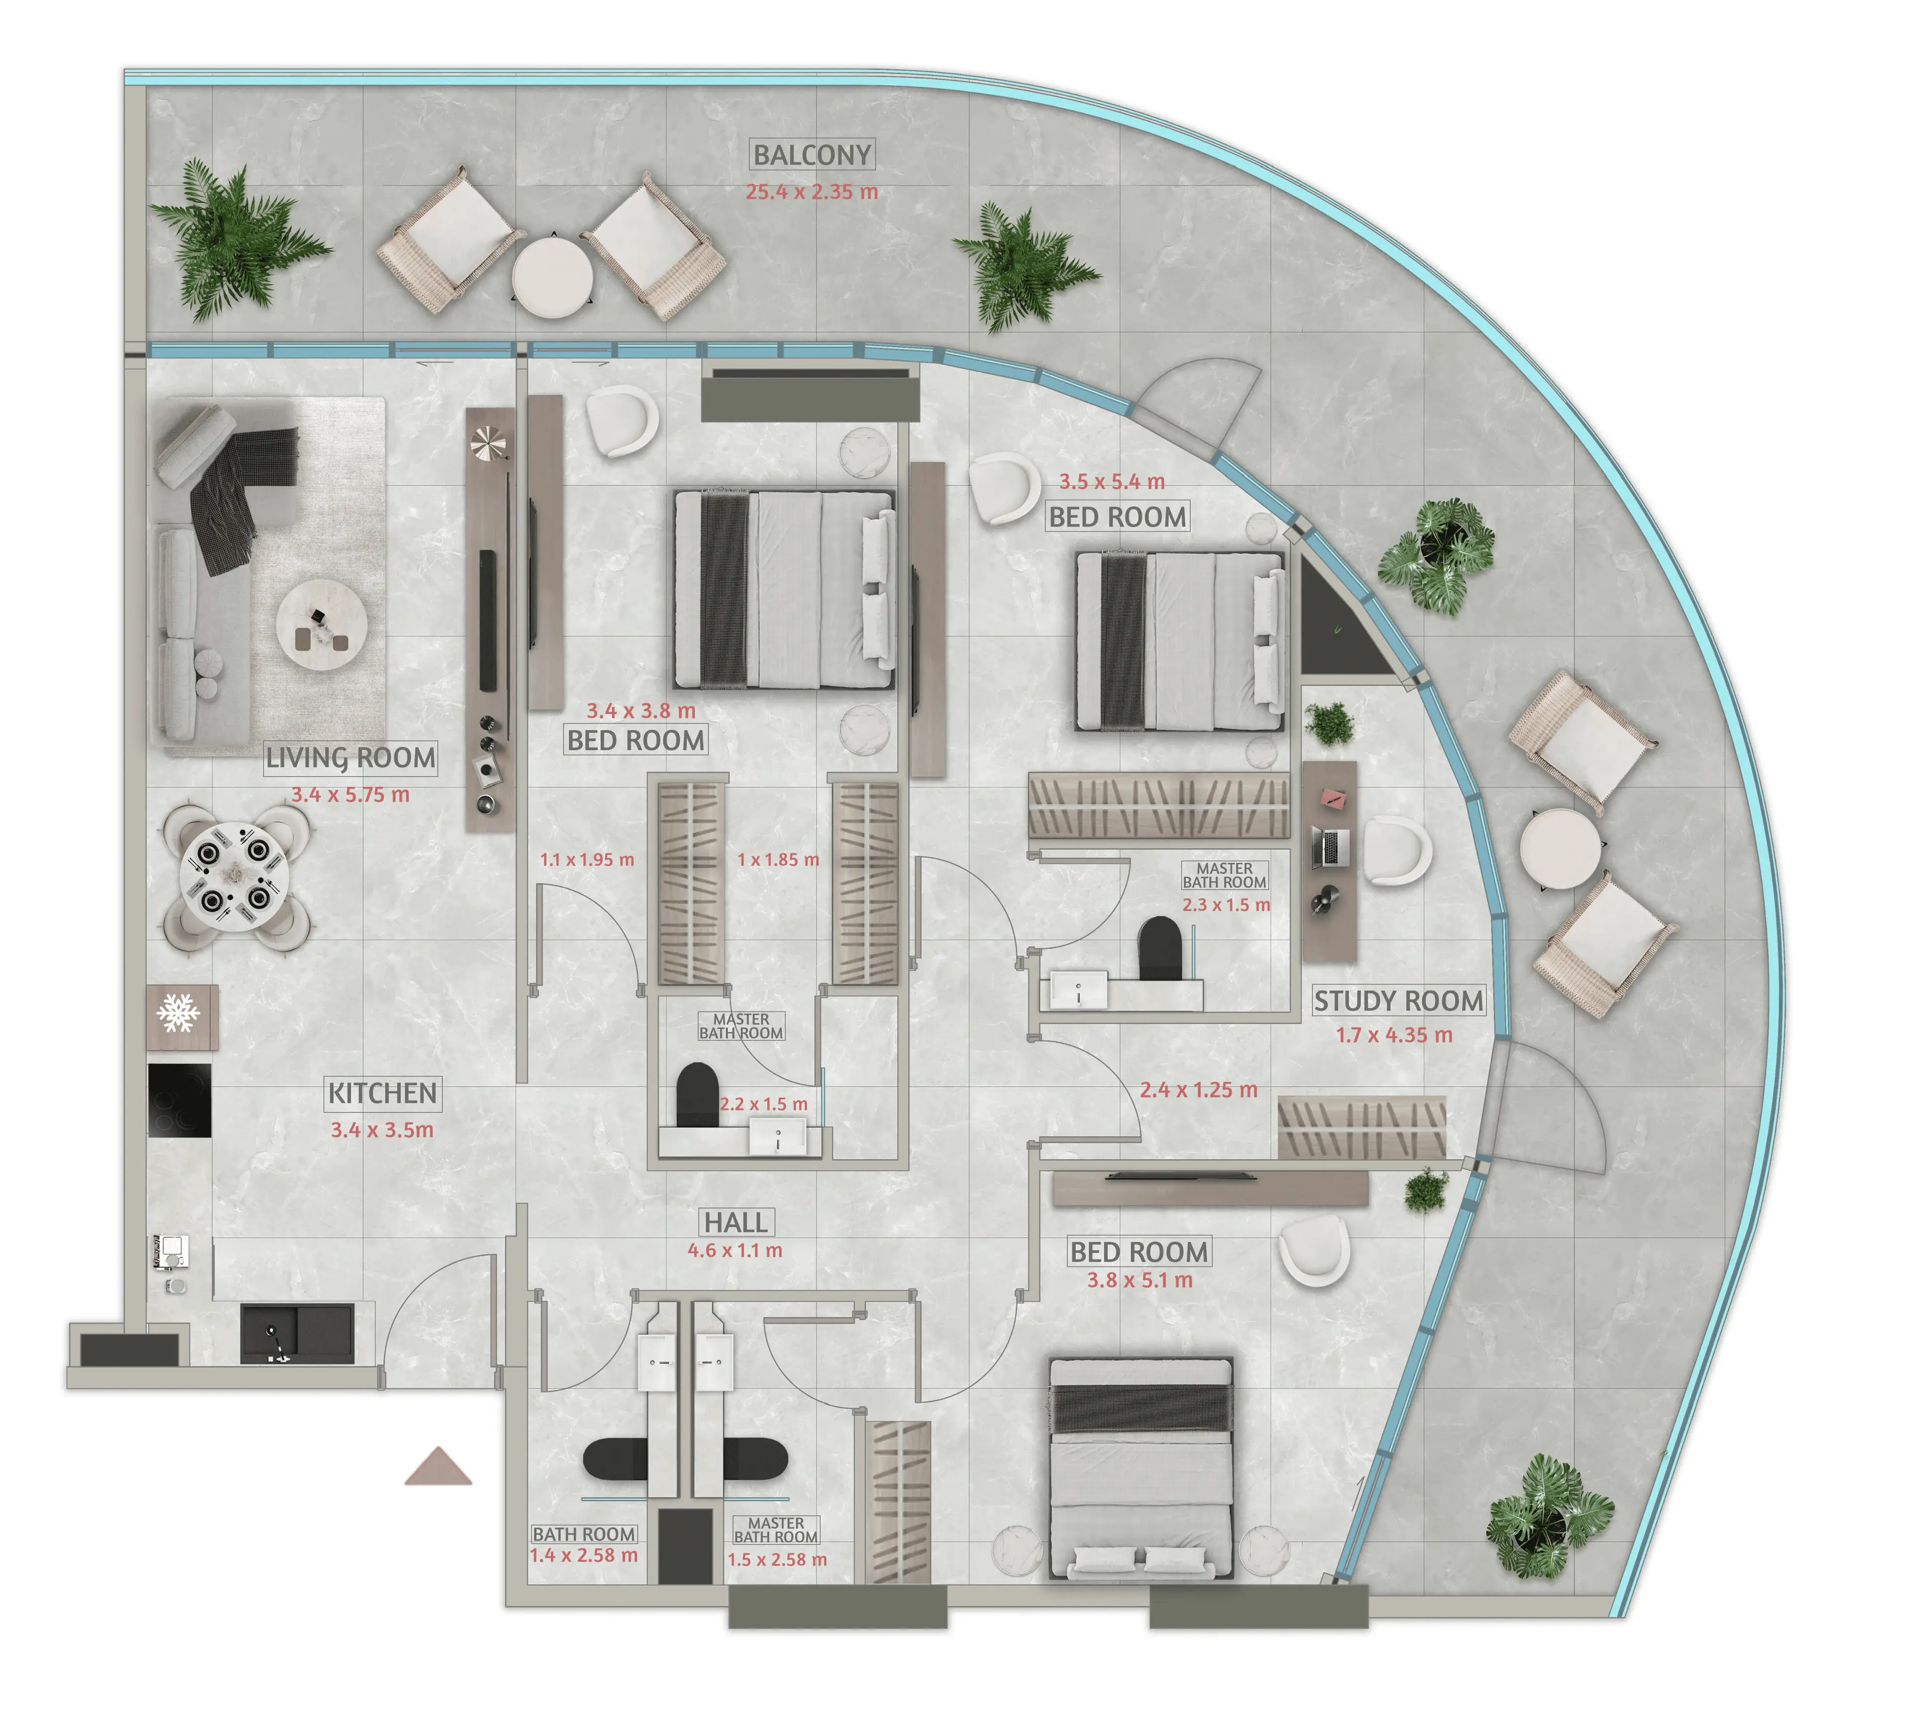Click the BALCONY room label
pos(812,155)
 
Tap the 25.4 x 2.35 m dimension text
pos(812,191)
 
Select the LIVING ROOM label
pos(351,758)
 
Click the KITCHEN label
pos(383,1093)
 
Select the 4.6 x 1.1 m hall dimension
pos(735,1251)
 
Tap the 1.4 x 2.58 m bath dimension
pos(583,1555)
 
